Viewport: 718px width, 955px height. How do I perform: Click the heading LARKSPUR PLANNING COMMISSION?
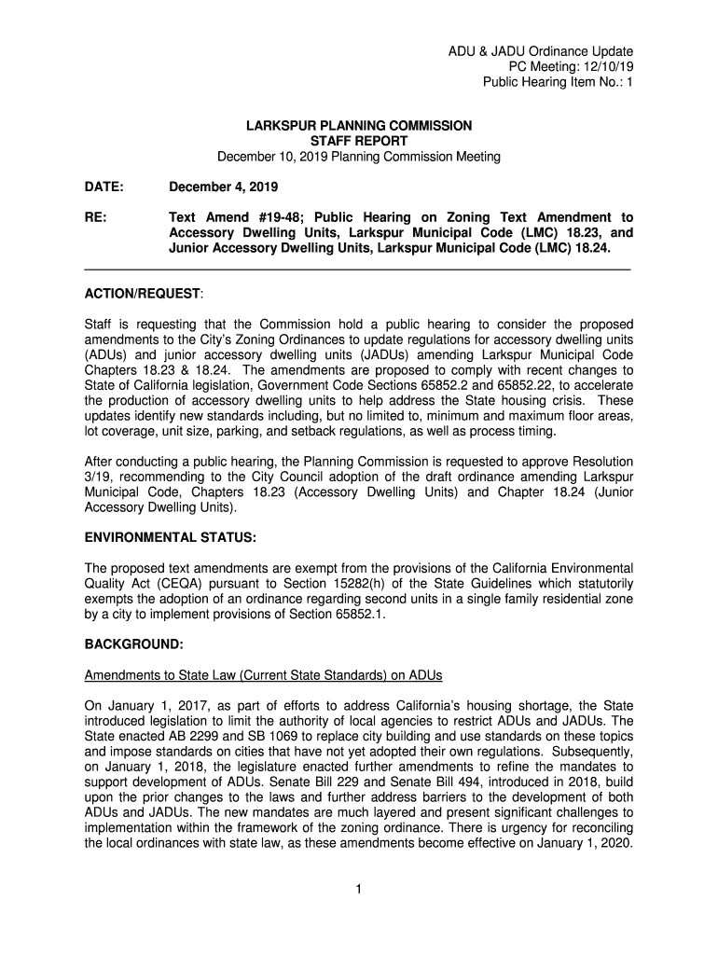359,125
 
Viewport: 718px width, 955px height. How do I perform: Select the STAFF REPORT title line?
359,141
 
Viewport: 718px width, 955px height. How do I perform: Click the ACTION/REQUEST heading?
143,294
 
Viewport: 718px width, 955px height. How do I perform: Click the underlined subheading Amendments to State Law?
263,675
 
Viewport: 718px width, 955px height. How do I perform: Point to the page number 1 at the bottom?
359,889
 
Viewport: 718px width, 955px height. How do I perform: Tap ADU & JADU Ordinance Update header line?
541,50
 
